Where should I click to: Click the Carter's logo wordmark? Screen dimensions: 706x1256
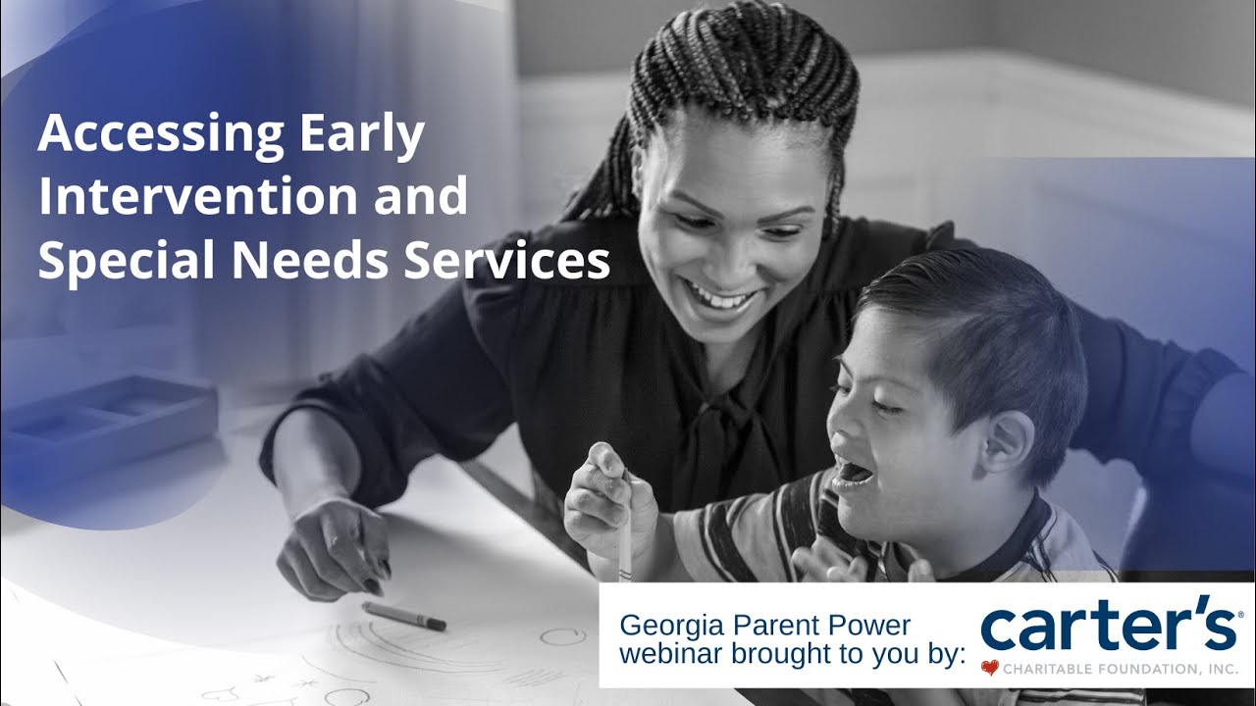coord(1109,627)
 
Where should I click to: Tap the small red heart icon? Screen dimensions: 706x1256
coord(989,669)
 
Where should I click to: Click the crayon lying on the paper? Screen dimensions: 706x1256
coord(403,617)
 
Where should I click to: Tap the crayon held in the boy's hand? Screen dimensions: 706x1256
coord(625,529)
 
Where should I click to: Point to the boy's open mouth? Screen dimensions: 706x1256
coord(852,476)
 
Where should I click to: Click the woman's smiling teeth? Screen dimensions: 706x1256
coord(722,295)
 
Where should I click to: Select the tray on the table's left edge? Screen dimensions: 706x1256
coord(108,412)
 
